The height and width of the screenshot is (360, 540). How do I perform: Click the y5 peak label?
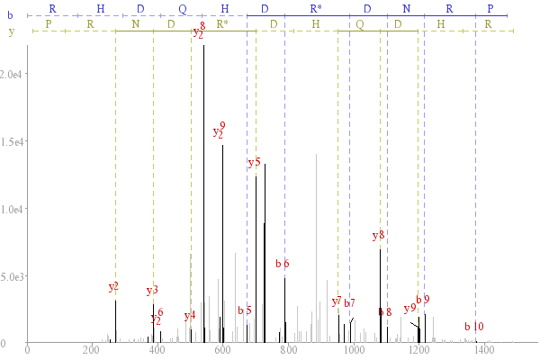254,162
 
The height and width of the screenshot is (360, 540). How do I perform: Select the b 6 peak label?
283,264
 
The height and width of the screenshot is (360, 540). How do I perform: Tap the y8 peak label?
378,236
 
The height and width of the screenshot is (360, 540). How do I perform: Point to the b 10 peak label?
474,326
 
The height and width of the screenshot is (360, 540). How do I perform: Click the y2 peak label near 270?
113,286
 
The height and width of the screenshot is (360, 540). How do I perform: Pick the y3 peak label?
152,290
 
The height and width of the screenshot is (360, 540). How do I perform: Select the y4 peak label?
190,315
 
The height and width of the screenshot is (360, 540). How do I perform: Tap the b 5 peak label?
245,310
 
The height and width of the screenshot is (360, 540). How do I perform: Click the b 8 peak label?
385,312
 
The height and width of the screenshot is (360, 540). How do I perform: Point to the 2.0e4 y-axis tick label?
11,75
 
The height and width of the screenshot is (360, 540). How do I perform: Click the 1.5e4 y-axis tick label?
12,142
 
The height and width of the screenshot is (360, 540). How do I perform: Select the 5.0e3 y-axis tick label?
12,277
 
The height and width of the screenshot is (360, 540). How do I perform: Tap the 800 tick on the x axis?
288,350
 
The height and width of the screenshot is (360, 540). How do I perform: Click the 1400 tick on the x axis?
484,350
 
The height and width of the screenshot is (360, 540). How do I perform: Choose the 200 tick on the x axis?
92,350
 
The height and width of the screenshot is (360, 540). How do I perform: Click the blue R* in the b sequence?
316,9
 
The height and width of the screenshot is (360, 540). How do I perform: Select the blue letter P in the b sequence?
490,9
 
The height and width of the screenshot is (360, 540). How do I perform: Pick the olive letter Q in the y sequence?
360,24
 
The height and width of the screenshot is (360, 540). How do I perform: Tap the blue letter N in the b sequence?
407,9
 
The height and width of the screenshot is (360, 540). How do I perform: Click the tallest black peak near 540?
204,193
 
